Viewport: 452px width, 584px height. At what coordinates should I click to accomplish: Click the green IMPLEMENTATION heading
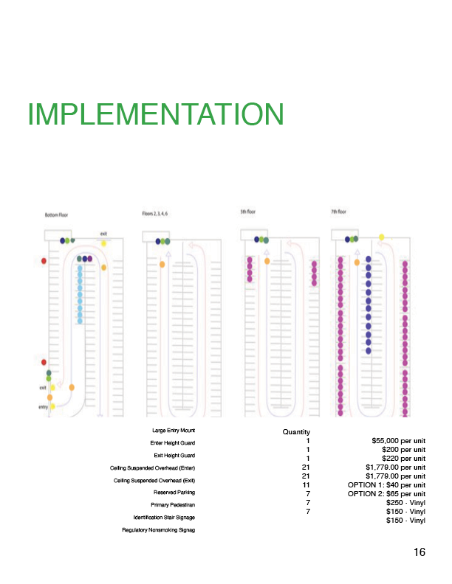(x=155, y=114)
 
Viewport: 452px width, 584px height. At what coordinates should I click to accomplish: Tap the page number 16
(x=420, y=552)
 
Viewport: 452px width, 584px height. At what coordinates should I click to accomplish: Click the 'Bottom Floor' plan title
(x=57, y=215)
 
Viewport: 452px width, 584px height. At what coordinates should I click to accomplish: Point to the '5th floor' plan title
(x=248, y=212)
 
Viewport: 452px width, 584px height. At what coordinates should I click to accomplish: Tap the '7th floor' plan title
(x=340, y=212)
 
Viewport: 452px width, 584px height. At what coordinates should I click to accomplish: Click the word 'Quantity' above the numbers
(x=296, y=432)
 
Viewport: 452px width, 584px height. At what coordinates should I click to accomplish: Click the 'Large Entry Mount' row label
(x=173, y=429)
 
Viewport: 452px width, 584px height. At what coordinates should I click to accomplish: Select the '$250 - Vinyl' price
(x=406, y=503)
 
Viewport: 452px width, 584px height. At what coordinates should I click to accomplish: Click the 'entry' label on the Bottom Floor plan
(x=43, y=406)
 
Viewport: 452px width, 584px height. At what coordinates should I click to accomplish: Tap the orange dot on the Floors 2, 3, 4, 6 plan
(x=162, y=264)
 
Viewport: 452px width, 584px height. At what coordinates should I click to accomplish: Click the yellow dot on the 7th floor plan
(x=382, y=237)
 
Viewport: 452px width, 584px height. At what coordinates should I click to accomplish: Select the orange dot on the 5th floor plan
(x=267, y=261)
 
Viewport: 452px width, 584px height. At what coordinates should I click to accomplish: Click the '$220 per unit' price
(x=403, y=459)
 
